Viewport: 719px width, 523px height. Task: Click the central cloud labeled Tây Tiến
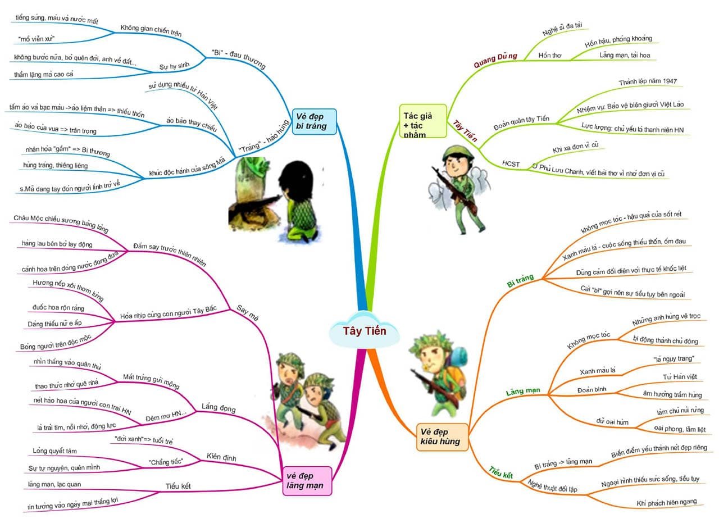(365, 330)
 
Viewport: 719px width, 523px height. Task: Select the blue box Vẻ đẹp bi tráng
(314, 121)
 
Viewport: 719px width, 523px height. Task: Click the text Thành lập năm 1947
(648, 81)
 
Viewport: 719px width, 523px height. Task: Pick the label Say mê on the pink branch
(244, 313)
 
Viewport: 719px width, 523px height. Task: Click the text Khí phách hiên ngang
(666, 502)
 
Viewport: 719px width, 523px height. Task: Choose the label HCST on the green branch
(511, 164)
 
